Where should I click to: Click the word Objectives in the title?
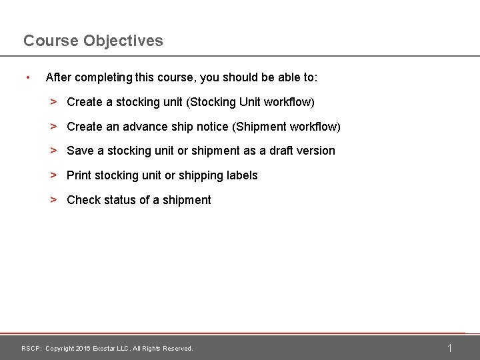(x=123, y=41)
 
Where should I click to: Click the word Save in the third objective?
(x=80, y=151)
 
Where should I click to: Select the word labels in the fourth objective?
(x=243, y=175)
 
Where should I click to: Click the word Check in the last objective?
(x=84, y=200)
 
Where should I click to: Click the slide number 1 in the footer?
(x=450, y=348)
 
